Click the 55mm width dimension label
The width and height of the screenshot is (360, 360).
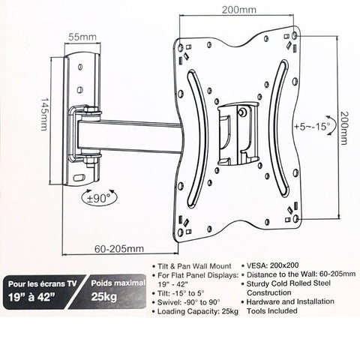(x=82, y=37)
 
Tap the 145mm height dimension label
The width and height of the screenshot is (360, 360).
(x=44, y=114)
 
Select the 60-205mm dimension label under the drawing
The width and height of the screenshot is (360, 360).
(x=119, y=249)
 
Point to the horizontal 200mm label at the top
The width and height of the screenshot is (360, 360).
(x=239, y=10)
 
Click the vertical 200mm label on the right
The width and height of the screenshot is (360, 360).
(x=344, y=127)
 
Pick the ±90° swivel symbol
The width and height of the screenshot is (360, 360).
(x=100, y=197)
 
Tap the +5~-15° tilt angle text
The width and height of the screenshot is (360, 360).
(x=312, y=127)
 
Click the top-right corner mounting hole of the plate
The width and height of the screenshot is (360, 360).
(x=295, y=35)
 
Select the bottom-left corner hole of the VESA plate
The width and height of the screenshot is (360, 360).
(x=181, y=231)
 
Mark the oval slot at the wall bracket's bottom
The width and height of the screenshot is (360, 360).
(x=79, y=178)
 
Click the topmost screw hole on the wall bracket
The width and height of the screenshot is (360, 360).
(x=80, y=67)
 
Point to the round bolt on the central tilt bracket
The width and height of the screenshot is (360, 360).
(x=242, y=112)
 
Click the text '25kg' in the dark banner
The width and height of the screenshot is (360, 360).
(x=103, y=297)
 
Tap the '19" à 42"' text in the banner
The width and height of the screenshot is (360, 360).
(x=31, y=297)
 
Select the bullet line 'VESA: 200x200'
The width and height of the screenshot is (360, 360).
(x=272, y=265)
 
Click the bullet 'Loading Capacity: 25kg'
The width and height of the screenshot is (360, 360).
(x=197, y=311)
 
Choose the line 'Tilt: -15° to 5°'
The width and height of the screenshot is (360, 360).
(x=181, y=293)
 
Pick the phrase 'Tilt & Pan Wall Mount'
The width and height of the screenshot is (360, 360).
(x=194, y=266)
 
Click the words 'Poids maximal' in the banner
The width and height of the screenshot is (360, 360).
(x=118, y=283)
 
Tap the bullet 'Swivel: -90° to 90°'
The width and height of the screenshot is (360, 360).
(x=189, y=302)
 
